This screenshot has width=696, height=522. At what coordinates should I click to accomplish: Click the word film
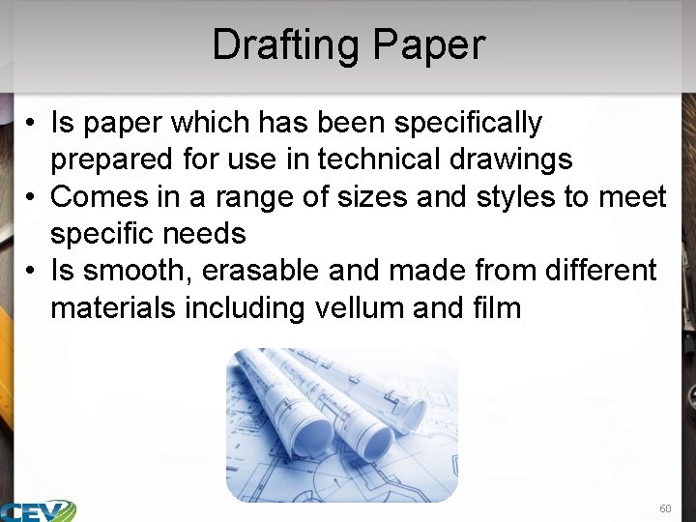(496, 308)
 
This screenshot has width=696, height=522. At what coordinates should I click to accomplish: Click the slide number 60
(665, 508)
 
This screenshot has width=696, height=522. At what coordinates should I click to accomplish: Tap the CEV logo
(39, 510)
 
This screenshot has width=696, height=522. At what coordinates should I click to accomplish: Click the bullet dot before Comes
(32, 198)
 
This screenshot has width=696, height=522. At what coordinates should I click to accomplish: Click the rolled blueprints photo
(341, 424)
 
